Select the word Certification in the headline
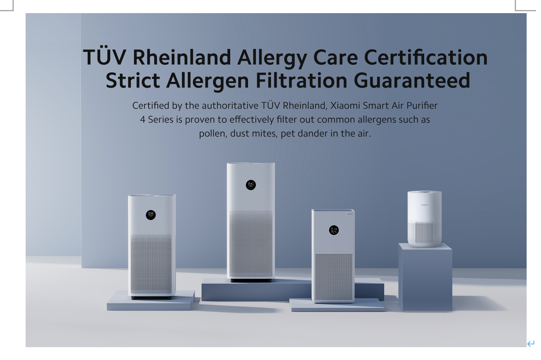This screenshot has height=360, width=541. [426, 57]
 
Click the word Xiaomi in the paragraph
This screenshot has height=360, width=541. [345, 106]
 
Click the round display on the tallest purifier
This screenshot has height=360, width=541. [251, 185]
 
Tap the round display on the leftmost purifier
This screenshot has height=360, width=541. [151, 215]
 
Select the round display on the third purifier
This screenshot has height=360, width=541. [334, 230]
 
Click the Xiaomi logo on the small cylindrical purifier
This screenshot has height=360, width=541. [424, 205]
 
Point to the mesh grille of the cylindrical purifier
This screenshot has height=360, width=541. [424, 233]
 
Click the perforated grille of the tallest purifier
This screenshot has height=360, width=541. [251, 244]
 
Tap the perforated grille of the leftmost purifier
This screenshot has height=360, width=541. [151, 264]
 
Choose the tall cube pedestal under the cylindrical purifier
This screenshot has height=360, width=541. [425, 277]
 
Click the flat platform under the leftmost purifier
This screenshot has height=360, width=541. [151, 301]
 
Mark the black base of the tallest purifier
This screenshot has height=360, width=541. [251, 280]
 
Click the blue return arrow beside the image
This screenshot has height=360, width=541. [531, 344]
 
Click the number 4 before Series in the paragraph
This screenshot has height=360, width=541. [143, 120]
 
